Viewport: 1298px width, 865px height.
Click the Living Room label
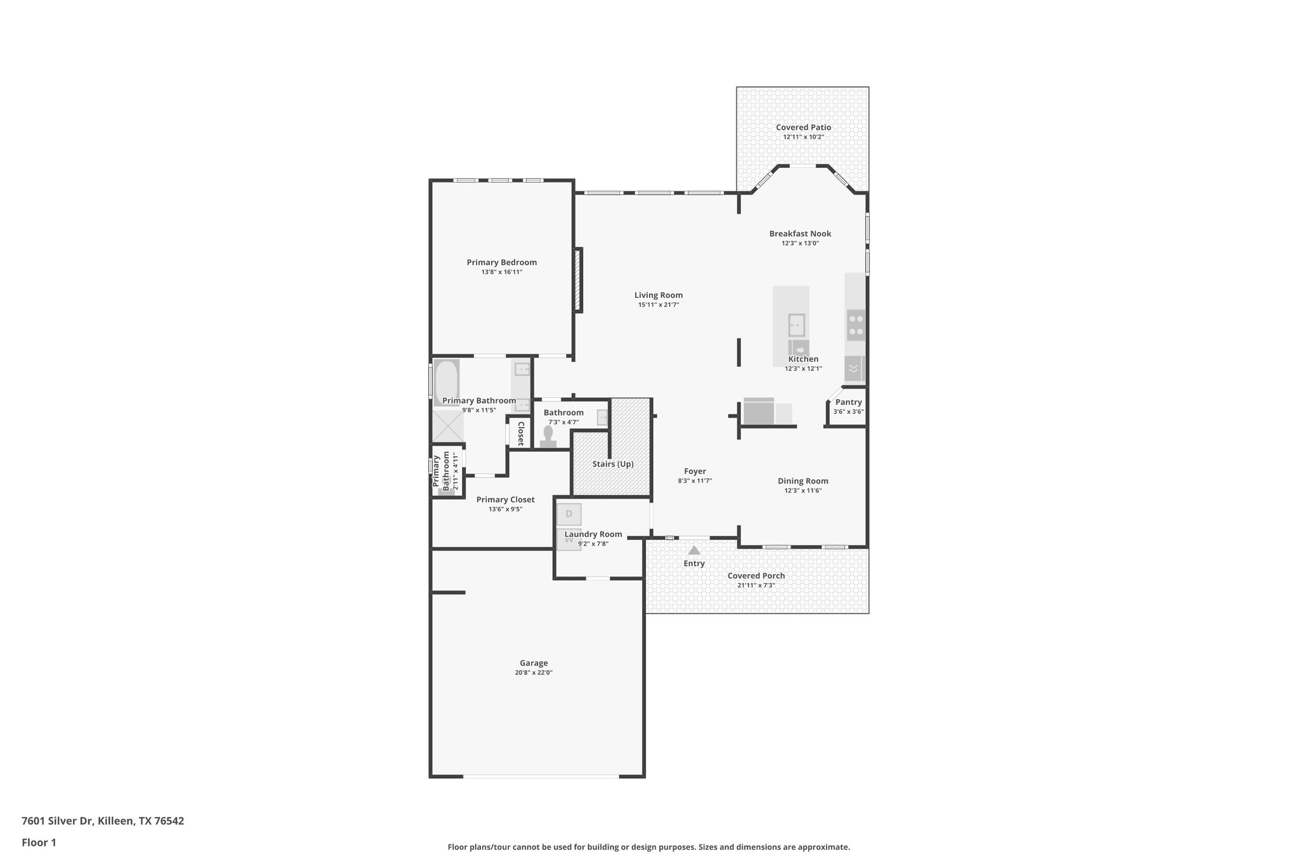659,295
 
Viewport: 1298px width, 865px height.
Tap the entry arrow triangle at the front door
694,550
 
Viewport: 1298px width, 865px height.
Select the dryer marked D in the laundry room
569,514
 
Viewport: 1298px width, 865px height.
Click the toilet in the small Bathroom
548,437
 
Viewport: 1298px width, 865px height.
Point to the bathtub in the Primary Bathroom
446,382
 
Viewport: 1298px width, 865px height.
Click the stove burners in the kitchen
856,325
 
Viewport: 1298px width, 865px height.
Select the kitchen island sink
796,325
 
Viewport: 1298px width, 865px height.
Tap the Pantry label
848,402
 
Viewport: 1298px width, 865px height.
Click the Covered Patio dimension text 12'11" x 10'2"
803,137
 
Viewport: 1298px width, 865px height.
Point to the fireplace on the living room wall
578,279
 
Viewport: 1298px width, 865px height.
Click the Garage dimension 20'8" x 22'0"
534,673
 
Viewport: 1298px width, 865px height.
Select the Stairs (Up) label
613,465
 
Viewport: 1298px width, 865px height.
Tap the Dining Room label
803,481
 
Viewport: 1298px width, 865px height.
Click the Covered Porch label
756,576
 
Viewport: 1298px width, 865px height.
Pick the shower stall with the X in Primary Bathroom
447,426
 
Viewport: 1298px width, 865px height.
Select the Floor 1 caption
39,843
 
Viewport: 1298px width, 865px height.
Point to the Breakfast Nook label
800,234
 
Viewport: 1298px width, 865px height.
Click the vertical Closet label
520,433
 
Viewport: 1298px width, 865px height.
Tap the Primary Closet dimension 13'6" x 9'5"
505,509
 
